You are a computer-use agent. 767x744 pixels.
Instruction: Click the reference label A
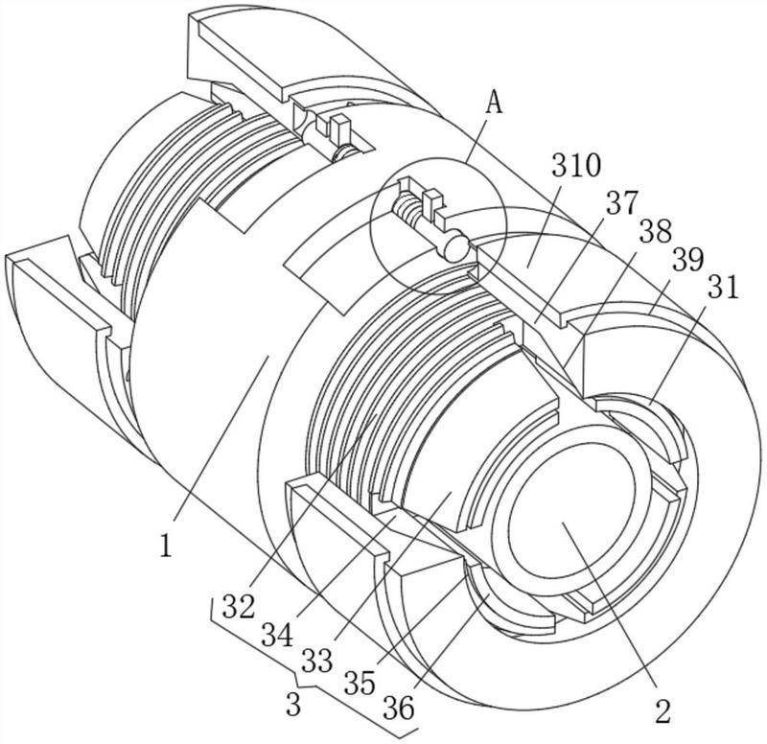coord(495,104)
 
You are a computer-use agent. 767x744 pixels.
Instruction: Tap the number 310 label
coord(577,165)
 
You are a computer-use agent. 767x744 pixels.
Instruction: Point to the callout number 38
coord(656,230)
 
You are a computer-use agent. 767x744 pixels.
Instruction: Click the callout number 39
coord(687,259)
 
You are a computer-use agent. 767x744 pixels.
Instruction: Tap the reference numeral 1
coord(166,546)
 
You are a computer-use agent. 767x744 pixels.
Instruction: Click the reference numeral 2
coord(662,711)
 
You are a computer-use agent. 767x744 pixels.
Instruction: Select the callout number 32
coord(239,606)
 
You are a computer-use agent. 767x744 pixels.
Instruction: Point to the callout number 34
coord(277,635)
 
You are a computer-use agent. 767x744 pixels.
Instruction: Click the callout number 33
coord(317,661)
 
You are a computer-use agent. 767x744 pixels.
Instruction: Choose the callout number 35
coord(360,683)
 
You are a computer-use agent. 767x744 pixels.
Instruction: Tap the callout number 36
coord(399,708)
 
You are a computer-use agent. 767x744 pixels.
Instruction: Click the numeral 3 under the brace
coord(293,705)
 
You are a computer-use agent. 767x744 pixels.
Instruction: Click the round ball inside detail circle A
coord(454,247)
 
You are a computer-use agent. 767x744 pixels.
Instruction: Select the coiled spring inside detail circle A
coord(407,206)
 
